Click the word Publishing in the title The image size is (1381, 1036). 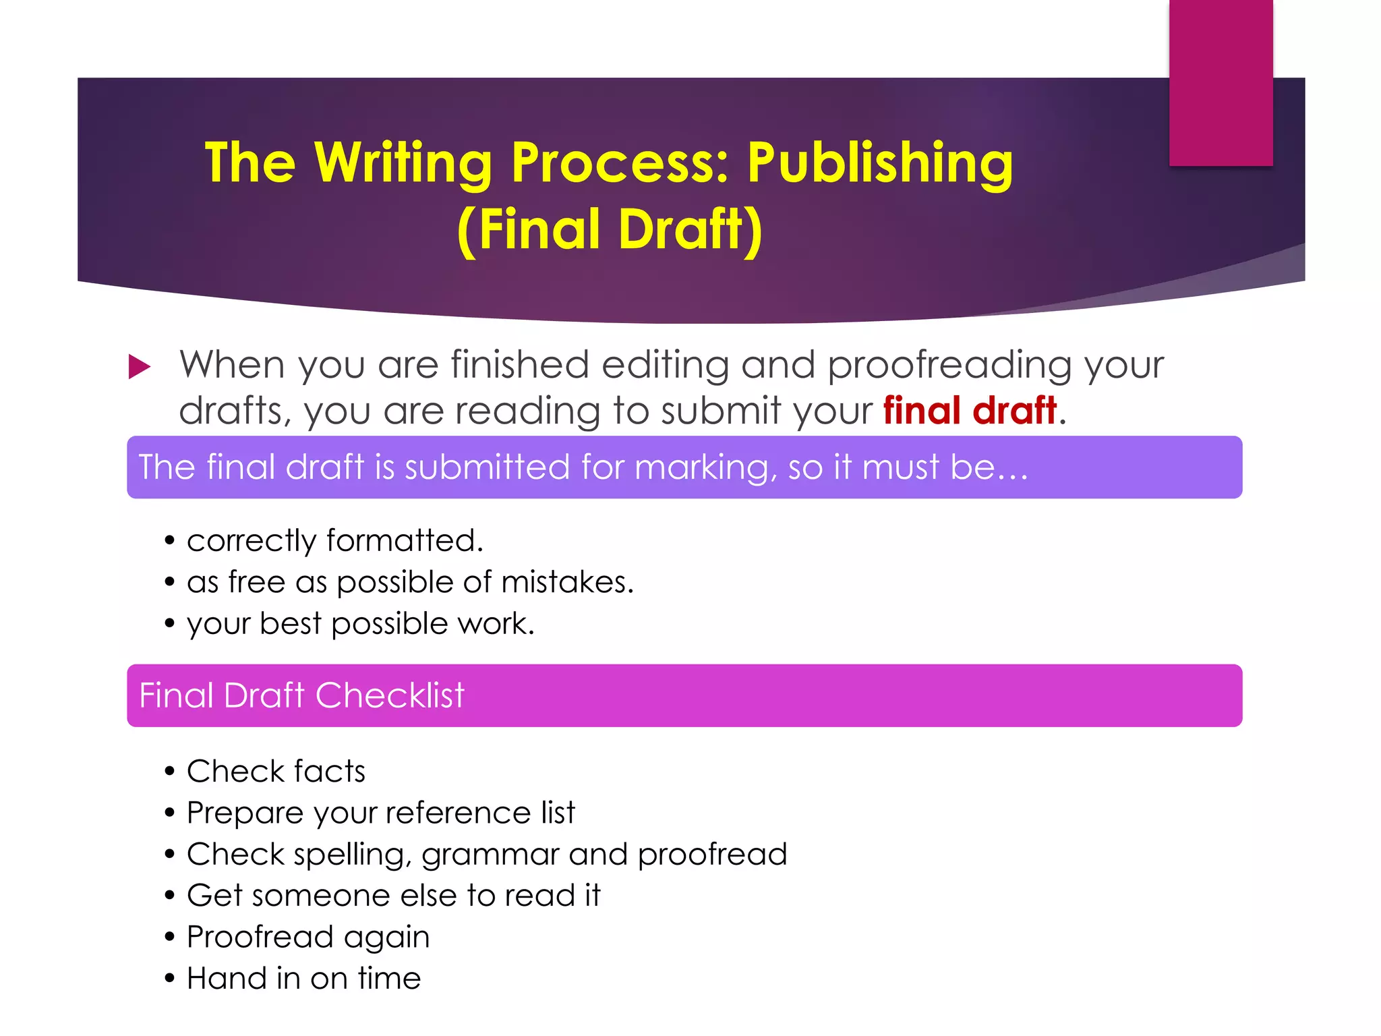pos(879,163)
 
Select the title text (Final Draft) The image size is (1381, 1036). pos(610,229)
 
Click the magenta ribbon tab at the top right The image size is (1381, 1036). pos(1221,82)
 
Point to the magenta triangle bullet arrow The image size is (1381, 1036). pos(139,367)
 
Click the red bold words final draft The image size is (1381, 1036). pos(970,410)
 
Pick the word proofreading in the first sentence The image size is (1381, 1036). pos(949,366)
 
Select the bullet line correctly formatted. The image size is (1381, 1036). pos(334,541)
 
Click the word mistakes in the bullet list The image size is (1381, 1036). pos(564,582)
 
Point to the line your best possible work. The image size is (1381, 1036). pos(360,624)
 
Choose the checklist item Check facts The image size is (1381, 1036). pos(276,772)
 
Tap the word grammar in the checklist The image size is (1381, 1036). pos(490,855)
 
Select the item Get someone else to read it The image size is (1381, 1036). pos(393,896)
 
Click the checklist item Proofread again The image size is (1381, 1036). pos(308,938)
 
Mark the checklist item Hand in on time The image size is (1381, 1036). pos(303,979)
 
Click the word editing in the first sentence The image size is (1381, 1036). pos(665,366)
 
